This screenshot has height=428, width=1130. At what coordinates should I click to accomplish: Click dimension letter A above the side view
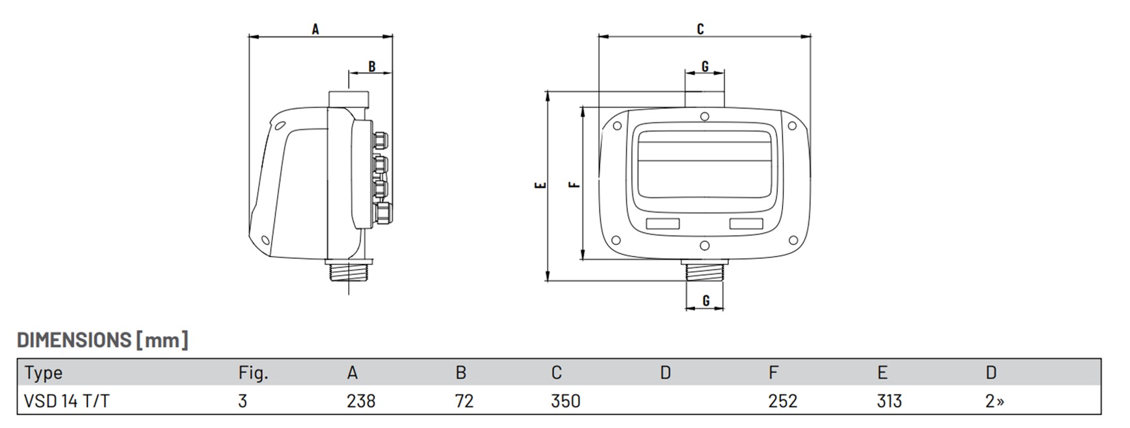click(315, 29)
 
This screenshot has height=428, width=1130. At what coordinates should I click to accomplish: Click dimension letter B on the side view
click(372, 66)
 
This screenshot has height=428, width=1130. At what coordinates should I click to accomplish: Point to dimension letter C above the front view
click(700, 29)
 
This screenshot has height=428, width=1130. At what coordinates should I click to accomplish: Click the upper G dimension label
click(705, 66)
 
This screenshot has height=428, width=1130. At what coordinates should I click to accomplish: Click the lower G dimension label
click(705, 300)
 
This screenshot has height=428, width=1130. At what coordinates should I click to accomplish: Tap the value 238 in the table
click(361, 401)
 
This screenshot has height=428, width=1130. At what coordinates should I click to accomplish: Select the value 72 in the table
click(464, 401)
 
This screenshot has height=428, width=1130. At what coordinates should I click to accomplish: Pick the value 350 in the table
click(566, 401)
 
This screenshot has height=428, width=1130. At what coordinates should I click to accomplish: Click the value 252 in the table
click(782, 401)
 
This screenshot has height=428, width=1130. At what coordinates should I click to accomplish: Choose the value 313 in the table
click(889, 401)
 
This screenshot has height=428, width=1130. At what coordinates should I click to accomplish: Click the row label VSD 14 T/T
click(67, 401)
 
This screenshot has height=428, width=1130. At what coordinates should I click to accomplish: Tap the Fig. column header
click(253, 373)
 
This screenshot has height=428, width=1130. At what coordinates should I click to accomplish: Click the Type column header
click(43, 373)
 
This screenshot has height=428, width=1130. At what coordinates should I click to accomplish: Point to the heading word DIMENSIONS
click(74, 340)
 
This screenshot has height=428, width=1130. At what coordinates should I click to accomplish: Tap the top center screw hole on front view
click(705, 117)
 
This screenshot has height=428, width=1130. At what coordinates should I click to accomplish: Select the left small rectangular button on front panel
click(662, 224)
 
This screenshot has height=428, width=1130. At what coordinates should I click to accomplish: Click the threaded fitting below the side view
click(348, 272)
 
